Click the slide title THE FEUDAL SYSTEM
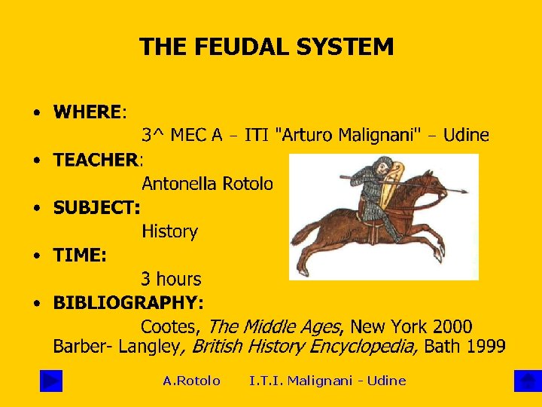[266, 47]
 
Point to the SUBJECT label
[96, 207]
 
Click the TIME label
[79, 256]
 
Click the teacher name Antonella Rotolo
[207, 184]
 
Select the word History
[169, 231]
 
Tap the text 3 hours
[171, 279]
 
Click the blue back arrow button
[51, 381]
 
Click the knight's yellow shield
[392, 196]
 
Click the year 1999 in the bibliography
[485, 347]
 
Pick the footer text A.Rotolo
[191, 381]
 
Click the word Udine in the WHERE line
[466, 136]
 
